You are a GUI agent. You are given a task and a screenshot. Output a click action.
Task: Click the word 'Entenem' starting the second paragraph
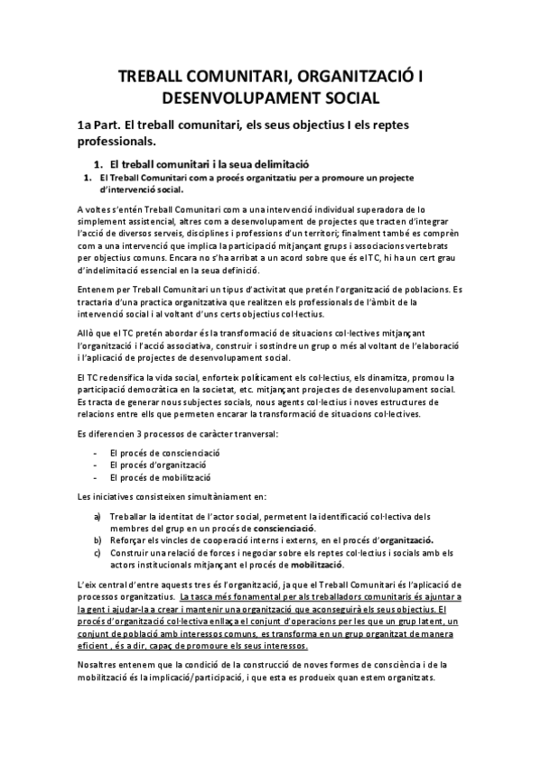[x=96, y=289]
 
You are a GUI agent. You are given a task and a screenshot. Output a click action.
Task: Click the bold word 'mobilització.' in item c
[x=316, y=565]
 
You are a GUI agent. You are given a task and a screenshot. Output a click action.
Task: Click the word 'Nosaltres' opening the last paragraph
[x=100, y=664]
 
